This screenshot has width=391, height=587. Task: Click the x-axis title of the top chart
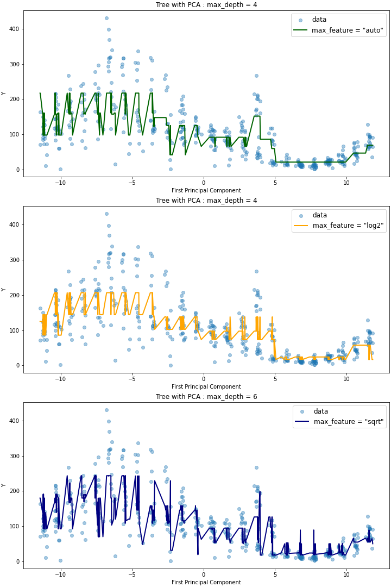pos(206,191)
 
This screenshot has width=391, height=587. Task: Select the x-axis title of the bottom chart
pos(206,583)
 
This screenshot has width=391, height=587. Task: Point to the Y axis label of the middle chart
pos(4,289)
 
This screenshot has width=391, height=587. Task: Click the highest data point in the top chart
pos(106,18)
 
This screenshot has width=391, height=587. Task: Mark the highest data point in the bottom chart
pos(106,410)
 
